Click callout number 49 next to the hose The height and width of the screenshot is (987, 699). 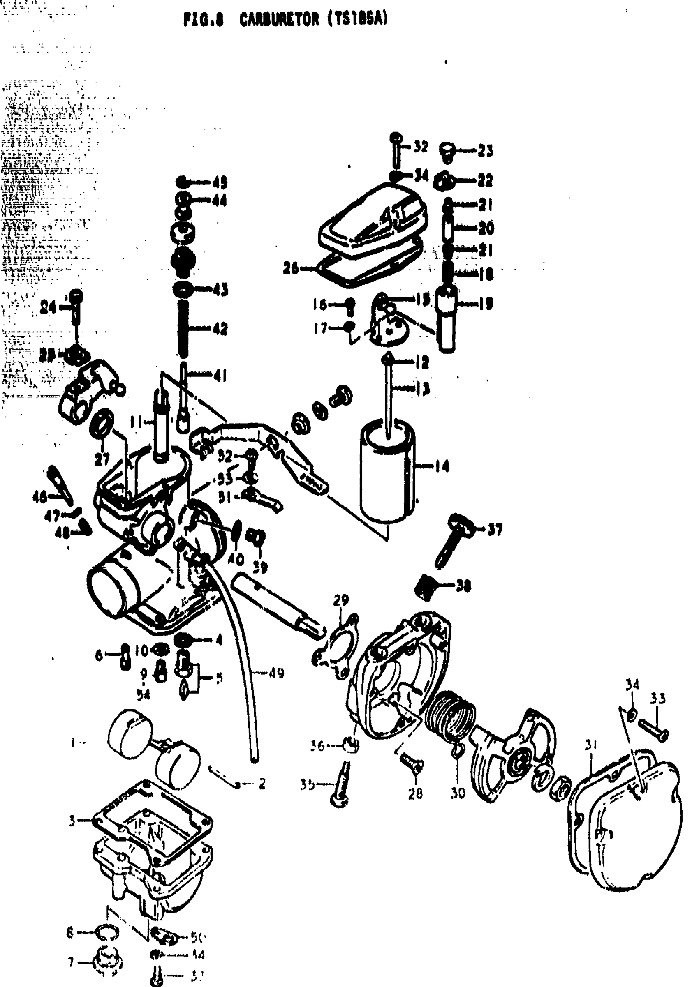(x=276, y=673)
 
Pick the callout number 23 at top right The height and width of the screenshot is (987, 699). (x=486, y=151)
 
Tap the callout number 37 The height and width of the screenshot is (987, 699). (x=495, y=529)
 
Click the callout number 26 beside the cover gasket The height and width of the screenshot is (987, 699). (x=291, y=268)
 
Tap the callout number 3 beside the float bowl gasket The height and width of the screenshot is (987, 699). (x=72, y=821)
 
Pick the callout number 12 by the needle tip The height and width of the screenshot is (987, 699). (x=422, y=362)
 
